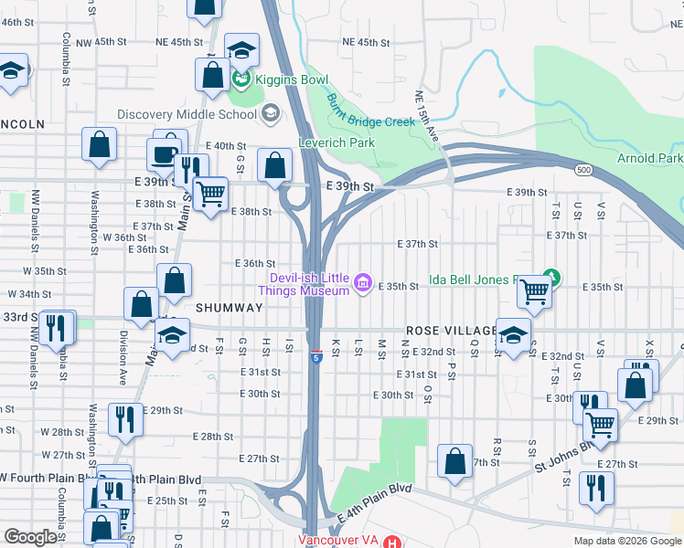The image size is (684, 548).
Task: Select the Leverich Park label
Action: [x=337, y=142]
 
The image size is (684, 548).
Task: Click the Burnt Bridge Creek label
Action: [x=369, y=112]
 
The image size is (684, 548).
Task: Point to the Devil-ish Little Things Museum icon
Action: [x=363, y=284]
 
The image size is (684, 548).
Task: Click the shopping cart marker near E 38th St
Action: [x=211, y=194]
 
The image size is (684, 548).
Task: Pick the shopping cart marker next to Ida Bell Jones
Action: [x=533, y=290]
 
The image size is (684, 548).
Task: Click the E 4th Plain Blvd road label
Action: [x=375, y=501]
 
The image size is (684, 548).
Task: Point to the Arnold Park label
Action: [x=649, y=158]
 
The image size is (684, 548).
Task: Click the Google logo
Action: [x=29, y=537]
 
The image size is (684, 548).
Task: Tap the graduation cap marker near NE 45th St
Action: [x=241, y=48]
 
